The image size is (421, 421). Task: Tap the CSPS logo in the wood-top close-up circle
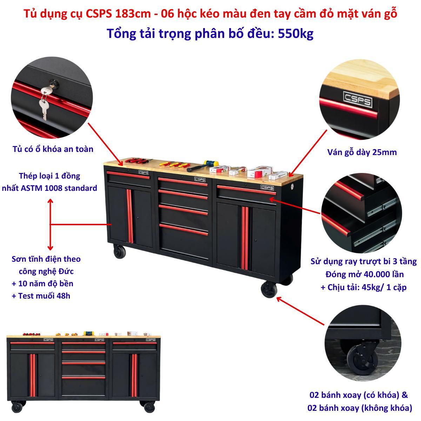click(x=358, y=100)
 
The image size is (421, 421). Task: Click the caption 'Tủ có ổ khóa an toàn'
click(x=53, y=149)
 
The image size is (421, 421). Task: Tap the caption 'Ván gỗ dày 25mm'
click(x=362, y=152)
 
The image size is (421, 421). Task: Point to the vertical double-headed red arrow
click(x=51, y=224)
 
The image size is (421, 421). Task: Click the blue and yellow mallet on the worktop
click(x=202, y=166)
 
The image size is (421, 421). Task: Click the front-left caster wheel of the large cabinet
click(x=120, y=252)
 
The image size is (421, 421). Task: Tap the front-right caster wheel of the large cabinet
click(x=269, y=289)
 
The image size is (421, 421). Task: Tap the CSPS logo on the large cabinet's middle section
click(x=200, y=179)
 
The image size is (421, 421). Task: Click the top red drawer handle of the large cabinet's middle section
click(x=183, y=182)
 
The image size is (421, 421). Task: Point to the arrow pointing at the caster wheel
click(x=300, y=311)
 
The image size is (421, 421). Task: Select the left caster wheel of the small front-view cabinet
click(x=17, y=407)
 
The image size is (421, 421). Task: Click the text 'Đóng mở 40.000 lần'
click(x=365, y=274)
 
